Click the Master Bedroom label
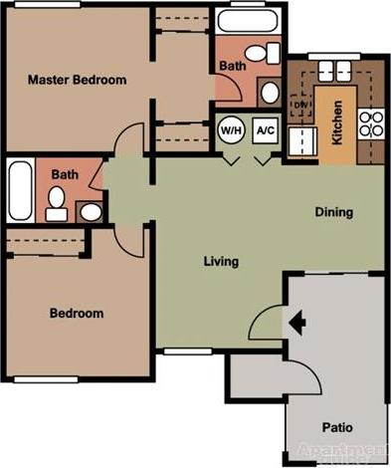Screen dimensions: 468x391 click(76, 80)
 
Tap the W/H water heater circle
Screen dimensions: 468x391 click(231, 129)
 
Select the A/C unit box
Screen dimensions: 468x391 click(265, 129)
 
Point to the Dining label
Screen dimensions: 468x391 click(333, 211)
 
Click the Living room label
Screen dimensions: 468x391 click(221, 262)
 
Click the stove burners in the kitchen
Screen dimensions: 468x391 click(371, 123)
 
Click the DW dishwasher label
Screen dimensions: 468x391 click(301, 104)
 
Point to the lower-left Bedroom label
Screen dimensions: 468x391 click(76, 313)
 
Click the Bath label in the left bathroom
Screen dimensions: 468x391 click(65, 174)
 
